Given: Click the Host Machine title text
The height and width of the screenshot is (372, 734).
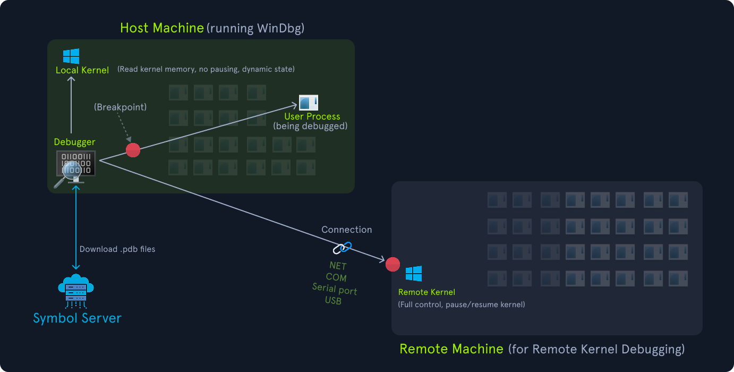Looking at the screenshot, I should pos(161,28).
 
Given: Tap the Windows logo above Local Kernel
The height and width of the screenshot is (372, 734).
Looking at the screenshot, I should pos(71,56).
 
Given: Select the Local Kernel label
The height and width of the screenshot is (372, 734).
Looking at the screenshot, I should pos(82,70).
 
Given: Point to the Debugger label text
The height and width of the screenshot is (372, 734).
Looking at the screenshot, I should pos(75,142).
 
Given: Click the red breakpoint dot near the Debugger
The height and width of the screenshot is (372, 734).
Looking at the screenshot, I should pos(133,150).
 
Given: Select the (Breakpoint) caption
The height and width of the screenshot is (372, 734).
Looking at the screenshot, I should pos(121,107).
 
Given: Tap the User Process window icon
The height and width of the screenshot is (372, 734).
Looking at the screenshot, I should pos(308,103).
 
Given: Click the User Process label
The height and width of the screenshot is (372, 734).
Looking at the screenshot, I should pos(312,116).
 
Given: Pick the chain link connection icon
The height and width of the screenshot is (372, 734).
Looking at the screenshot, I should pos(343,247).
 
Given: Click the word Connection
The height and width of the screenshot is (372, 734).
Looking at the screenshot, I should pos(347,230).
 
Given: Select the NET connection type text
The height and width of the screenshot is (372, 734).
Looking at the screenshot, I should pos(338,265).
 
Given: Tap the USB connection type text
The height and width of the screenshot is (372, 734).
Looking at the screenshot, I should pos(333,301).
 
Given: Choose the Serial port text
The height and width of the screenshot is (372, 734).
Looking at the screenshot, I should pos(335,290).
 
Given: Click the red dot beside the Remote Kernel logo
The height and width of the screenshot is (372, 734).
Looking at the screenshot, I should pos(392,264).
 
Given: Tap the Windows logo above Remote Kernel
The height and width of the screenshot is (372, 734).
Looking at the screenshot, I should pos(414,274).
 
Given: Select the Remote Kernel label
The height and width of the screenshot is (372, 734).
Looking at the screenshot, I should pos(426,292).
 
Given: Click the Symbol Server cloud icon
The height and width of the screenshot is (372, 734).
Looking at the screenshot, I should pos(76,291).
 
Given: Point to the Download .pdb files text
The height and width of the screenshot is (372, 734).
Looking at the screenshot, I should pos(117,249).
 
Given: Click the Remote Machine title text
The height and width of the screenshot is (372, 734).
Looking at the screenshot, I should pos(451,349).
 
